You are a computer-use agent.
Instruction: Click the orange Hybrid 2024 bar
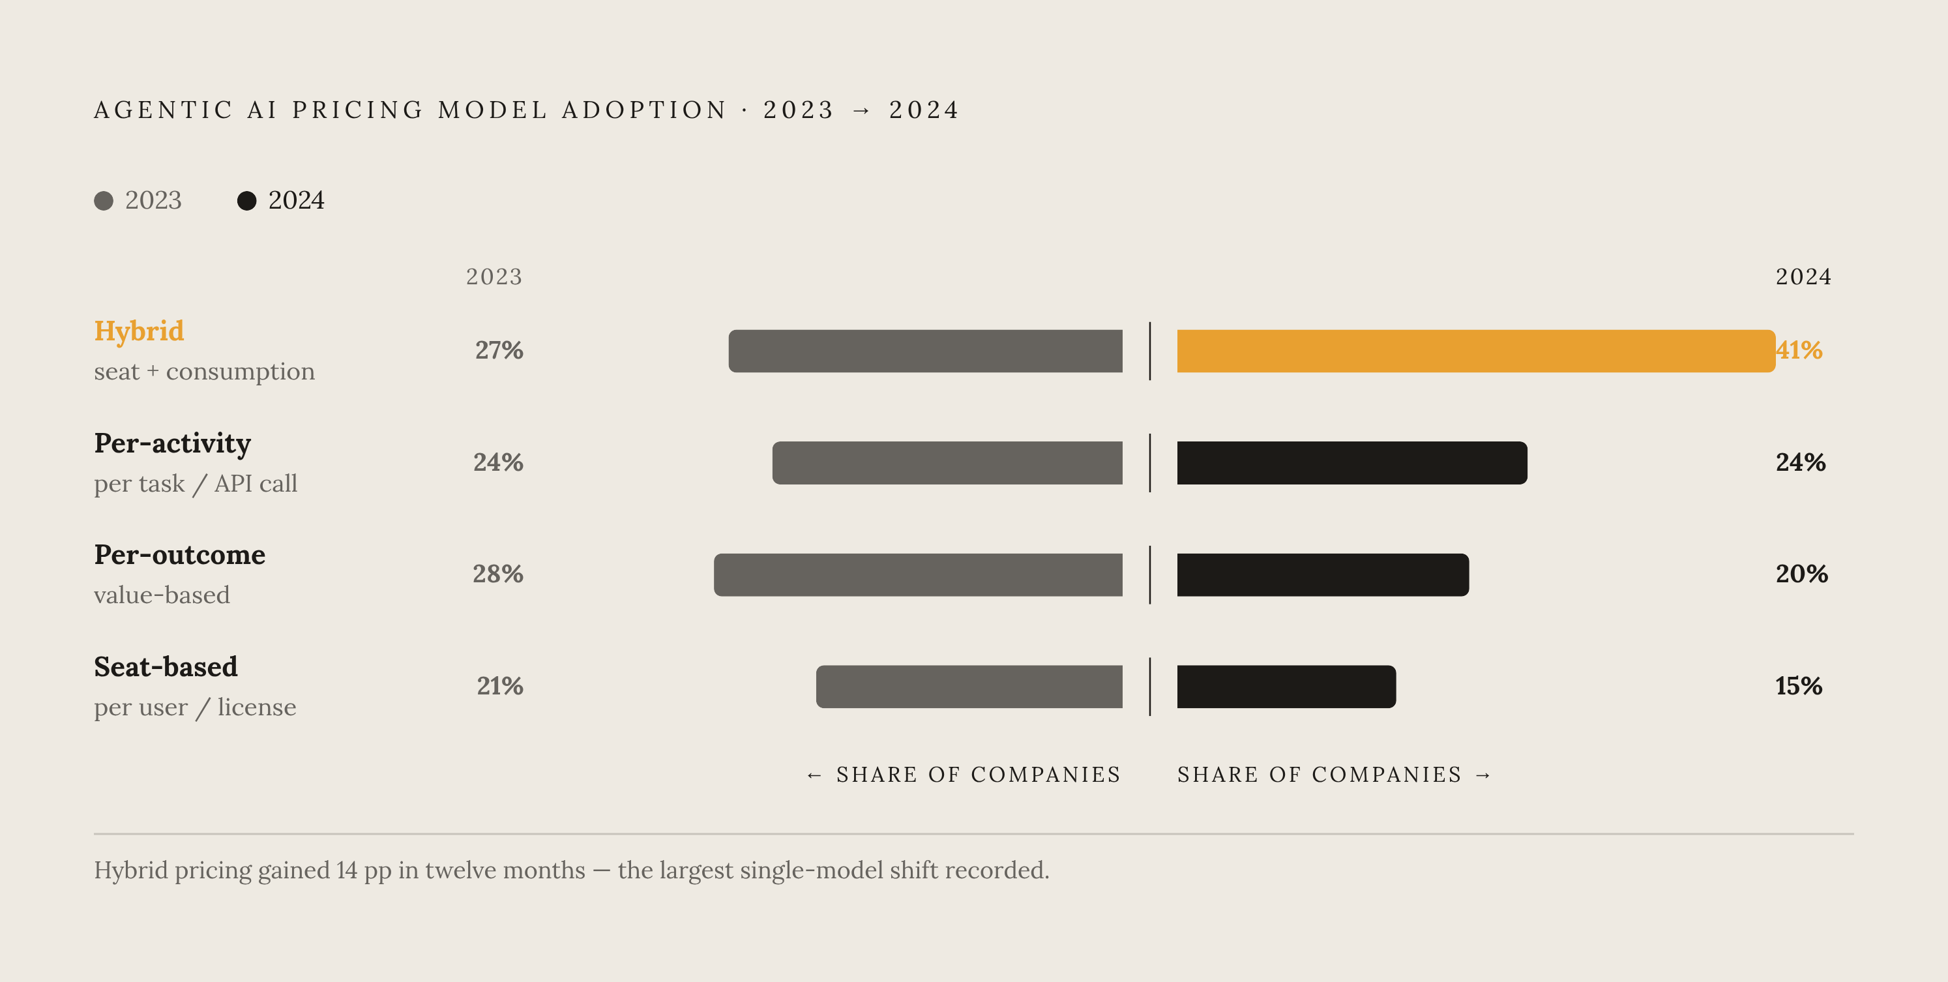click(x=1476, y=351)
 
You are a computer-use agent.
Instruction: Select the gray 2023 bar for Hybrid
click(x=926, y=351)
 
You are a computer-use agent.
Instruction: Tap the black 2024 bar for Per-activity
click(x=1352, y=463)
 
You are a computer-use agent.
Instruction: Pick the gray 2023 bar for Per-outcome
click(x=918, y=575)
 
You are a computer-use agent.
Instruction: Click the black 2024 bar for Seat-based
click(x=1286, y=687)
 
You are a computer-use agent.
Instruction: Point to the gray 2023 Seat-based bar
click(x=969, y=687)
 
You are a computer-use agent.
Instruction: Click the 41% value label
click(x=1799, y=350)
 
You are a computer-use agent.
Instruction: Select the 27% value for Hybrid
click(x=499, y=350)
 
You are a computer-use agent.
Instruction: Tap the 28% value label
click(x=498, y=574)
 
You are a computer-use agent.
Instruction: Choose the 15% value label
click(x=1799, y=686)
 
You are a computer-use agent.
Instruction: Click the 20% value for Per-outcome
click(x=1802, y=574)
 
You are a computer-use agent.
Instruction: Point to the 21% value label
click(x=500, y=686)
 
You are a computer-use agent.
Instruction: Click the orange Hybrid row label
click(x=139, y=331)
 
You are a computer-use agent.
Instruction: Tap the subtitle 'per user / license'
click(x=195, y=707)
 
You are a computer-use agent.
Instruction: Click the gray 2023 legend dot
click(x=104, y=200)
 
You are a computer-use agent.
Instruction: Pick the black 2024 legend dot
click(x=246, y=200)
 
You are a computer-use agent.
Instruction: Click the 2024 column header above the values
click(x=1803, y=277)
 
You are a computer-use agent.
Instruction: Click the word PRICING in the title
click(x=359, y=110)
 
